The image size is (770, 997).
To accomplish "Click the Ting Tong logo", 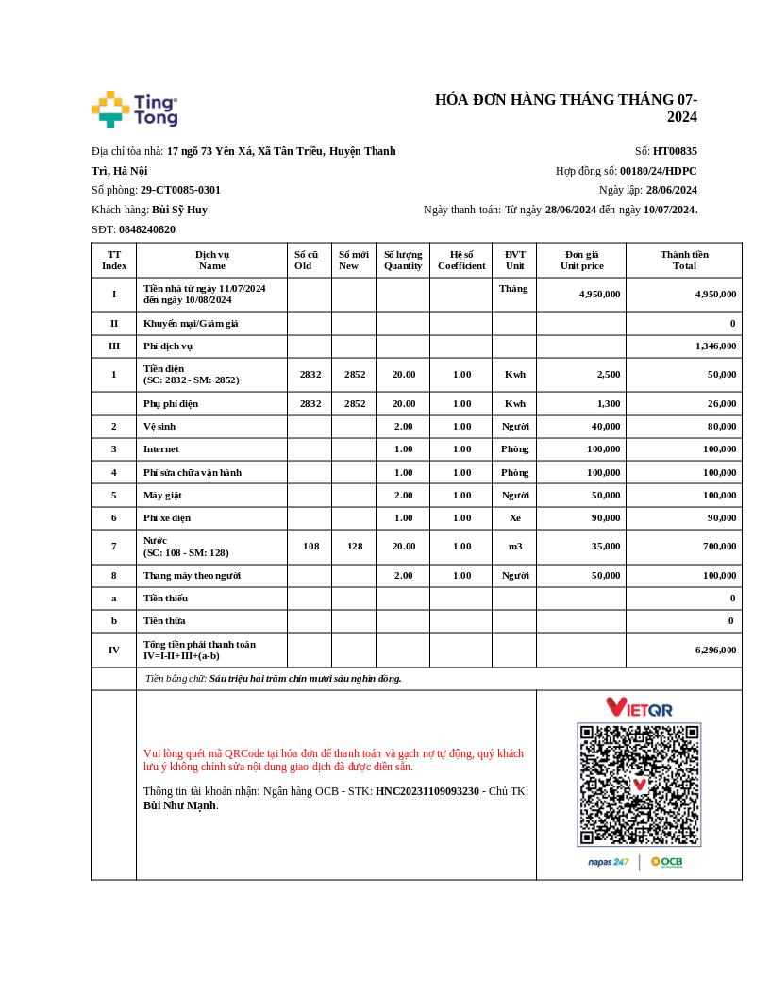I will [134, 110].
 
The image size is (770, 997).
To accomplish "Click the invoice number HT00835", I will [675, 151].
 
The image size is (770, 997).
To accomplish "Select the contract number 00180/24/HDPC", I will [658, 171].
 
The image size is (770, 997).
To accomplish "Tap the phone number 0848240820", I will [146, 229].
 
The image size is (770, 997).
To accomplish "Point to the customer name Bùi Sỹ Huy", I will [179, 210].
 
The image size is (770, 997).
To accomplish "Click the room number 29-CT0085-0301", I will [180, 190].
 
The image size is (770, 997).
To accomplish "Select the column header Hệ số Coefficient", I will [461, 260].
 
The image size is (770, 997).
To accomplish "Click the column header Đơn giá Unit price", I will [581, 260].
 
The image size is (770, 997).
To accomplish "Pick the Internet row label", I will [160, 449].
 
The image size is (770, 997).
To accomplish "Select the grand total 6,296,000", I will [715, 650].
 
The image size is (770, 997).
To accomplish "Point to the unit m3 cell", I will [514, 546].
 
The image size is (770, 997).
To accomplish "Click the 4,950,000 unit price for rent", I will [599, 294].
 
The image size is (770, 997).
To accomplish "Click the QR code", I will [639, 785].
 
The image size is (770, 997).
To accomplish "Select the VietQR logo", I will [639, 706].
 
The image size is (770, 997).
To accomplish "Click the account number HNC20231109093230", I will [427, 791].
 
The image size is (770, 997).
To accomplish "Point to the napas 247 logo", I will [608, 862].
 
